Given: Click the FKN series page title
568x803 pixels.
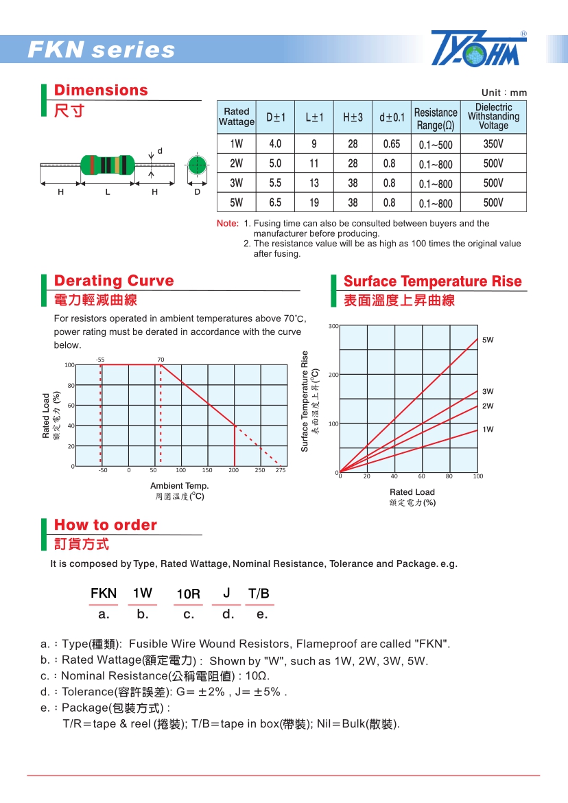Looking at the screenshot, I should [x=102, y=50].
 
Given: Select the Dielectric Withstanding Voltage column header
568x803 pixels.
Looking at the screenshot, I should [x=493, y=117].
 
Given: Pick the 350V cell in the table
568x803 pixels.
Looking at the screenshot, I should [x=493, y=144].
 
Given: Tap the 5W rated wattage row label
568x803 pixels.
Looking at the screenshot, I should [x=237, y=202].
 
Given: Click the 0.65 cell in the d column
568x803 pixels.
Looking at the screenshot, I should [x=391, y=144].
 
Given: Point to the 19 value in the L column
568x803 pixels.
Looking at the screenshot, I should [x=314, y=202].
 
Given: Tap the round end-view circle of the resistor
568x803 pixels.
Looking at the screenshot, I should [x=198, y=165].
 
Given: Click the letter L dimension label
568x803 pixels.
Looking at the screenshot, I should [x=108, y=192].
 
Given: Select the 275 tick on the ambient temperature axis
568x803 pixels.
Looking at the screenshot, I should [x=281, y=471].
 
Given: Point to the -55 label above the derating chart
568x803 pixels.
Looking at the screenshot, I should [x=100, y=360].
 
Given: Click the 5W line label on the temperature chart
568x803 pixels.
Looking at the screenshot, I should [x=488, y=340].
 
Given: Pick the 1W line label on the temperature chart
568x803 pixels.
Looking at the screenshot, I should [x=488, y=430].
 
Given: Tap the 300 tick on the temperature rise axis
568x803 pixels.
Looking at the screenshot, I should [x=333, y=326].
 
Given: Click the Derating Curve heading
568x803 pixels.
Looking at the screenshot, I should [x=114, y=281].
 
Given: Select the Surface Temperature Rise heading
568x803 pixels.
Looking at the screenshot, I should [x=432, y=281].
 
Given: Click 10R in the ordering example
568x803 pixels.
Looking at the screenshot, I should [x=188, y=594].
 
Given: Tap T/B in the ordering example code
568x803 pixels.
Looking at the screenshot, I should [x=259, y=594].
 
